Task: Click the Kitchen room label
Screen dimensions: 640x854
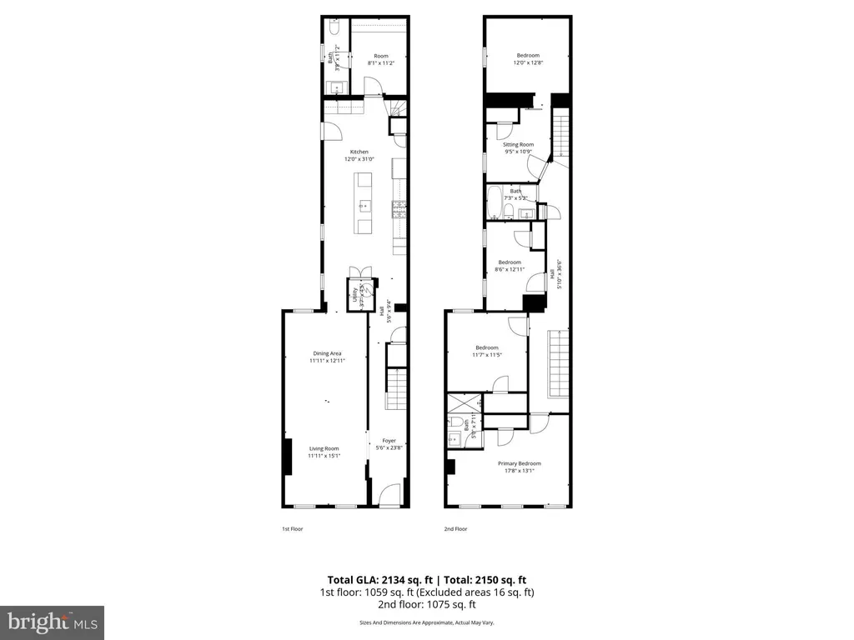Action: click(359, 152)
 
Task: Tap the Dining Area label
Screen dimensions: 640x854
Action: click(324, 353)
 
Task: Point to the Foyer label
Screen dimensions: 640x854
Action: click(389, 440)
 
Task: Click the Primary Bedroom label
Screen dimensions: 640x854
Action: click(519, 463)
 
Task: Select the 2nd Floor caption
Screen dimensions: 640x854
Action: click(455, 528)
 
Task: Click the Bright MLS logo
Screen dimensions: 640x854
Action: click(52, 622)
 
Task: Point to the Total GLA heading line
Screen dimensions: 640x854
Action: click(426, 580)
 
